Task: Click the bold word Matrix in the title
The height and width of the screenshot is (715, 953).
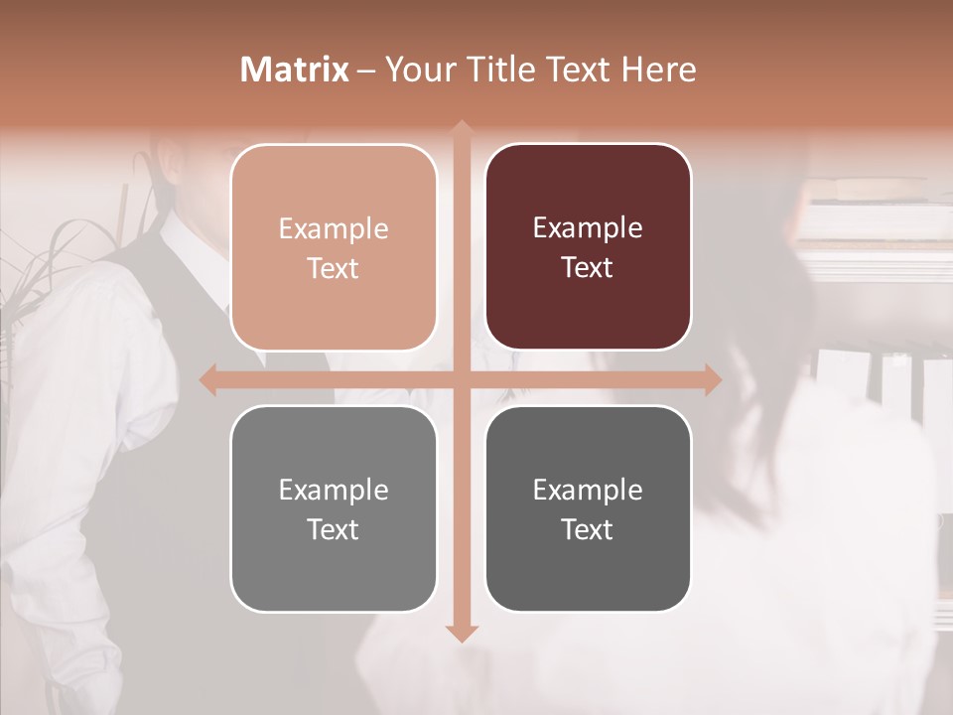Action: point(295,70)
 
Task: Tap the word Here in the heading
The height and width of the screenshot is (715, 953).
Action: point(658,70)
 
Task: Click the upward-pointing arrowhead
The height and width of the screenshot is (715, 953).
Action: point(462,128)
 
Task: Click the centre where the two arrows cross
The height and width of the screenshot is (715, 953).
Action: point(462,379)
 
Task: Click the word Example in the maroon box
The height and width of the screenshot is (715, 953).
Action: point(588,228)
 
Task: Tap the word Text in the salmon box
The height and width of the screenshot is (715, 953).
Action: point(334,269)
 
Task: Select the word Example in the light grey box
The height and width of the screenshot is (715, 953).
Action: point(334,490)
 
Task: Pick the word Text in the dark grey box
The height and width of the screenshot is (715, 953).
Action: point(588,529)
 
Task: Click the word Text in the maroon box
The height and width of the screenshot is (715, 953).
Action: point(588,268)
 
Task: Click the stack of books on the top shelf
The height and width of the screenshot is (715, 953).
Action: point(874,194)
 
